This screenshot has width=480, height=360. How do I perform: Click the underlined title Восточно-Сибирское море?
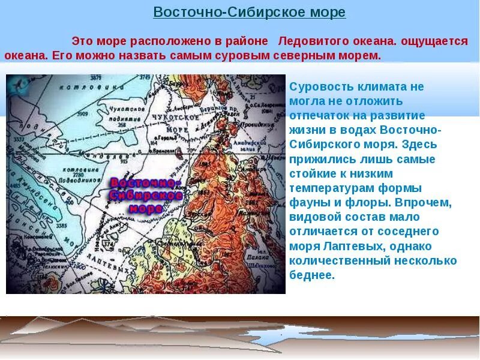click(x=249, y=13)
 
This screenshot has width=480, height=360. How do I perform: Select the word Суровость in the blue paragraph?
click(x=319, y=86)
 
